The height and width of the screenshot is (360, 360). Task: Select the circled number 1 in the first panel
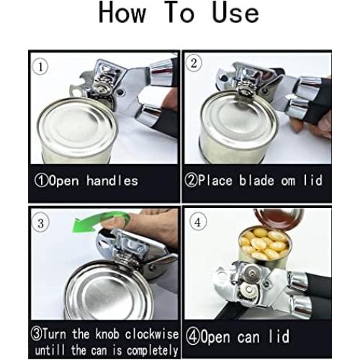(x=42, y=67)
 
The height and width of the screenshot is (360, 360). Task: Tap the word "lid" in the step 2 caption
(x=315, y=181)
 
